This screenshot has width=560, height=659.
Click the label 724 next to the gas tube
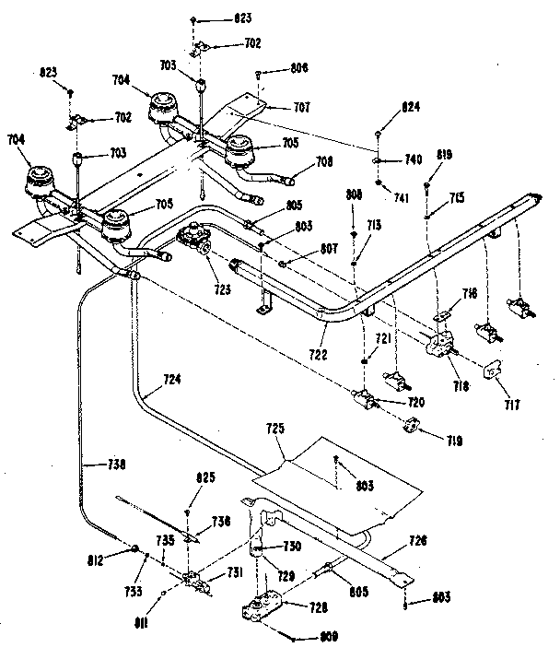click(x=171, y=378)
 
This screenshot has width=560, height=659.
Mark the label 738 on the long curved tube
click(x=117, y=465)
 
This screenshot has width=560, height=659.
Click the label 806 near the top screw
click(x=297, y=68)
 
